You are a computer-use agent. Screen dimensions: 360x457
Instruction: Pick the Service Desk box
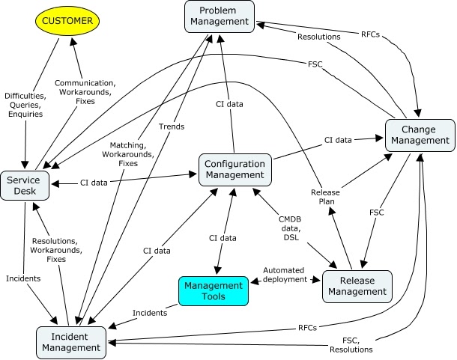coord(25,186)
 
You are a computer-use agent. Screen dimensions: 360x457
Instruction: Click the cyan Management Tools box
coord(214,291)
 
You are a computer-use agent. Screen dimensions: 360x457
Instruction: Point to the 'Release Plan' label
coord(325,196)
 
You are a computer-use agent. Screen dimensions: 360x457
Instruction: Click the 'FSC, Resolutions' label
coord(351,345)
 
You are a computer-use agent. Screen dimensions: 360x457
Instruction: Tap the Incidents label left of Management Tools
coord(150,312)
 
